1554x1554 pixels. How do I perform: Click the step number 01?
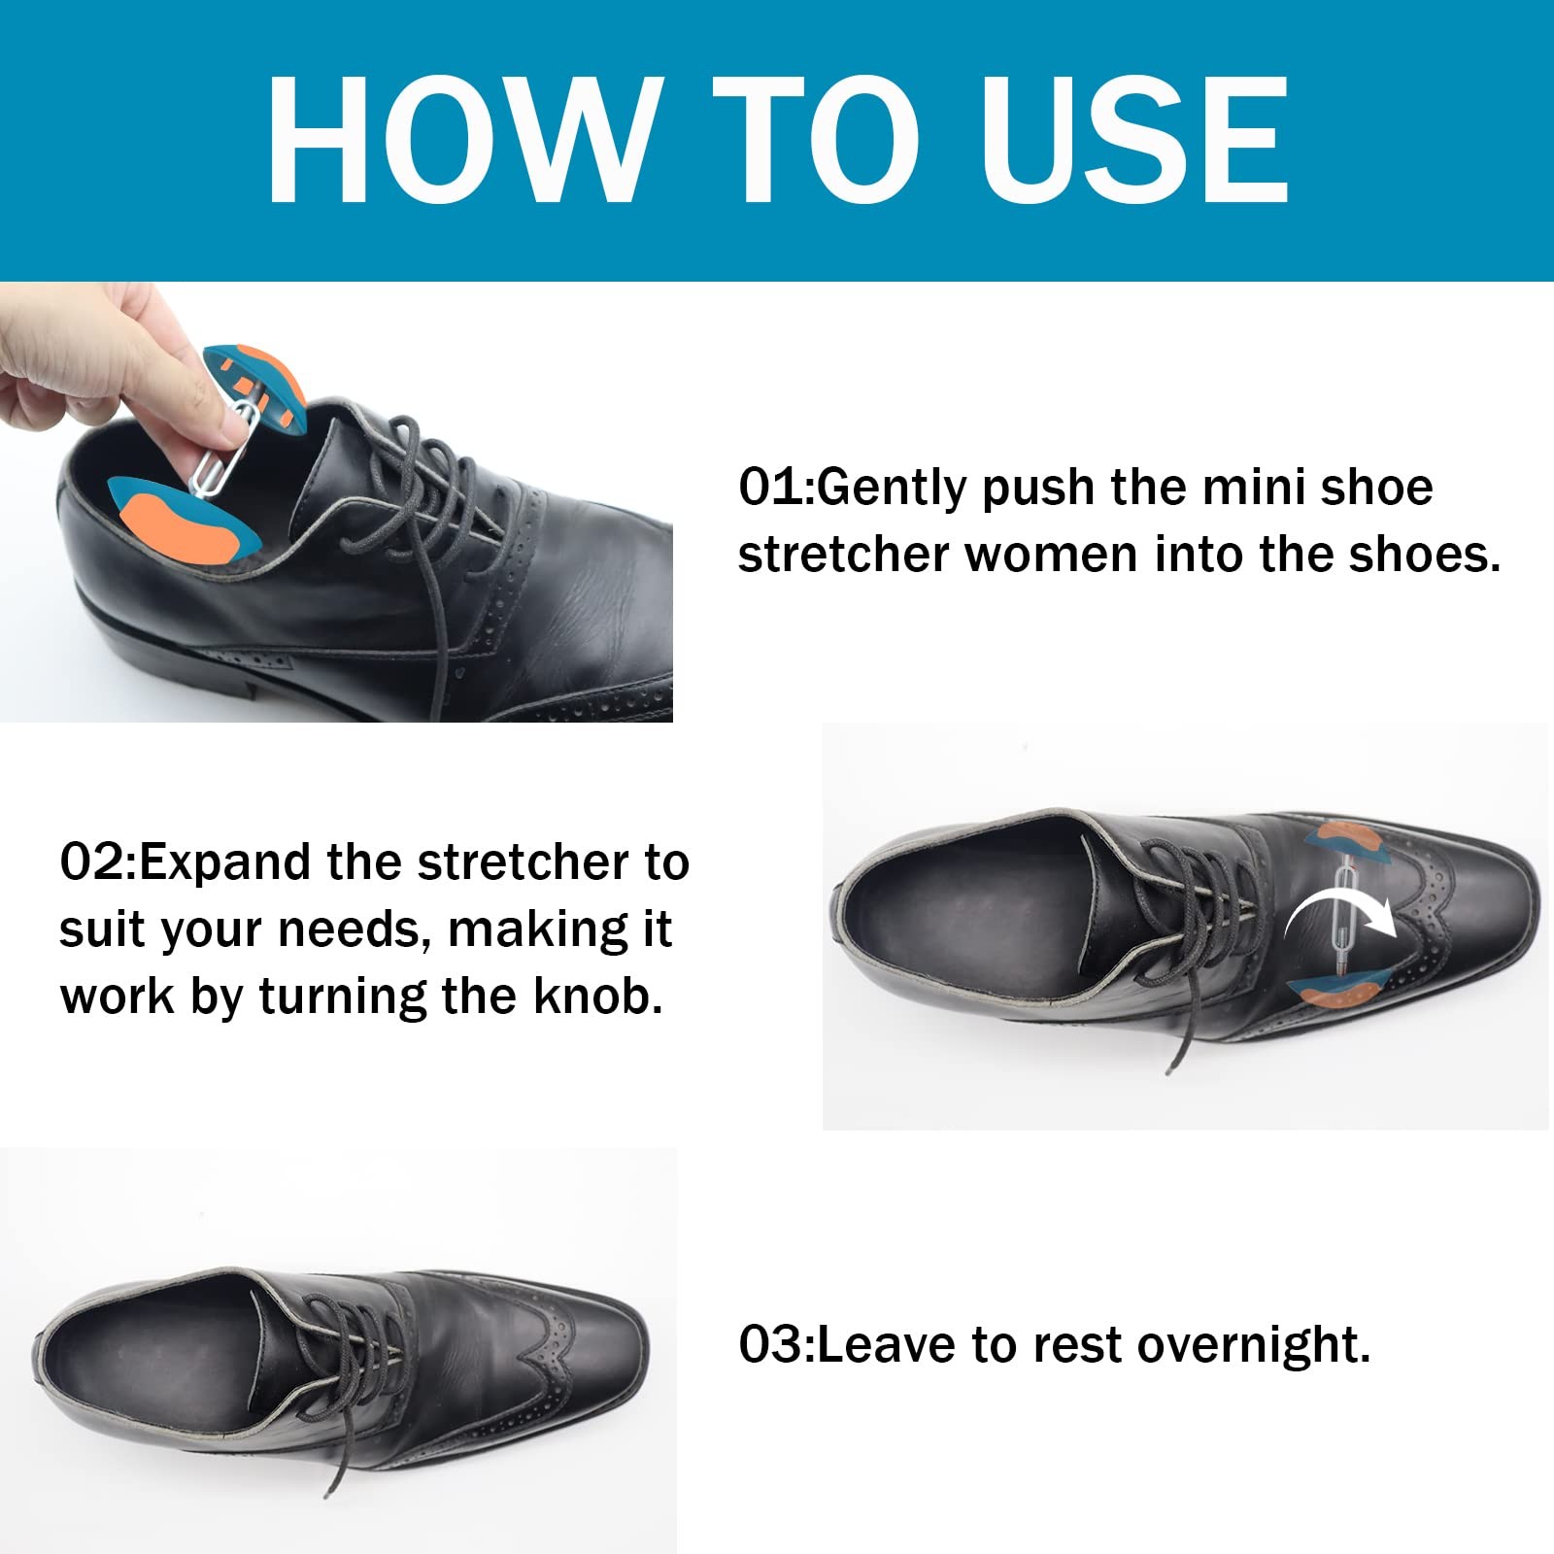click(772, 487)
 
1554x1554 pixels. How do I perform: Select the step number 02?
click(92, 862)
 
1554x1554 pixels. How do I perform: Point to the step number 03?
click(772, 1345)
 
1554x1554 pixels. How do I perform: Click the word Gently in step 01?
click(893, 489)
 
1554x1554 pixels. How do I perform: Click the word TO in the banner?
click(816, 141)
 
